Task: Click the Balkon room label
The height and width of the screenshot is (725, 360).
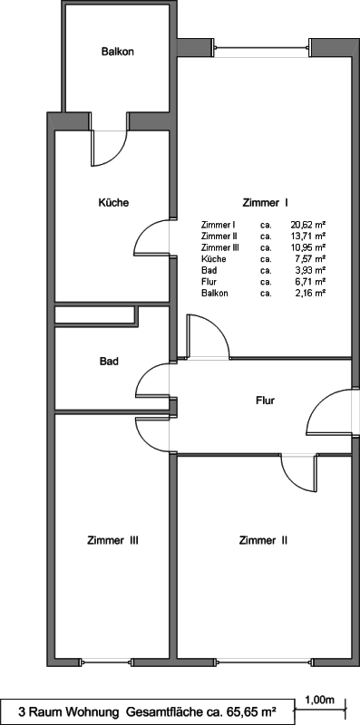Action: pos(118,52)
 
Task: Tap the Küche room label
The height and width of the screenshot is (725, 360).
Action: pos(113,202)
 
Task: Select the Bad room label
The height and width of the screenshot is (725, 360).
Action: pos(109,361)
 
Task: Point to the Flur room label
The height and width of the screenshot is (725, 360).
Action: pos(265,400)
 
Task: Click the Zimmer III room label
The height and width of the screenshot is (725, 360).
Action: pos(113,540)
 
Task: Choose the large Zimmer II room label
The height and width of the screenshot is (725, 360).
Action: pos(264,540)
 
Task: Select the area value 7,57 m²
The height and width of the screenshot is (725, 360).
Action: pos(310,259)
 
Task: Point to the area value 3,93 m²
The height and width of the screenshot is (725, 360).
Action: pos(310,270)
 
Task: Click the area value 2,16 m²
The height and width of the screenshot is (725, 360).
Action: pos(310,293)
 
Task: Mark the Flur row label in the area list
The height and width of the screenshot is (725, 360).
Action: pos(209,282)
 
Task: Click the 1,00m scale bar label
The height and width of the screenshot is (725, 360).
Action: pos(320,701)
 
